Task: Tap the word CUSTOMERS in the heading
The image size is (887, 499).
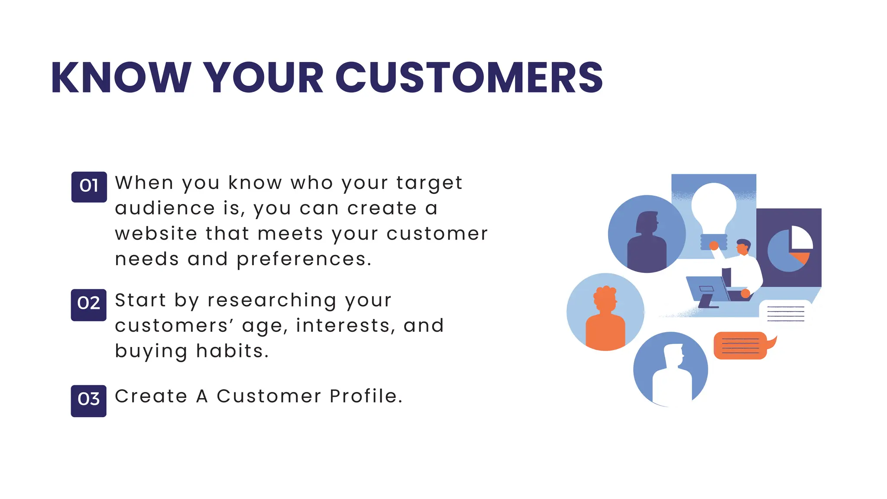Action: coord(469,78)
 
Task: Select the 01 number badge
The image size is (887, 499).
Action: coord(89,187)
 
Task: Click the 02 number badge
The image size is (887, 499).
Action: coord(88,304)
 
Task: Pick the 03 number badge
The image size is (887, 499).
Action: coord(88,400)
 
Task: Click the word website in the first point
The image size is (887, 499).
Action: coord(156,233)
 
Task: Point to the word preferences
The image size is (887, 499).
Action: coord(304,259)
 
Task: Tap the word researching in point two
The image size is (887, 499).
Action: coord(272,300)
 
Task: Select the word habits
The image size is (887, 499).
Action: coord(233,351)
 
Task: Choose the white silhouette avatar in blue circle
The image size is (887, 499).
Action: coord(670,373)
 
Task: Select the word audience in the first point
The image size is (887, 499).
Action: coord(165,208)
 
